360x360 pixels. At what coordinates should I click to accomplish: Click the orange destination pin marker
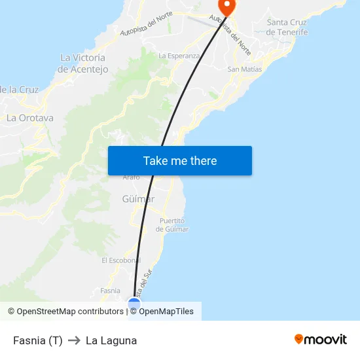(x=226, y=7)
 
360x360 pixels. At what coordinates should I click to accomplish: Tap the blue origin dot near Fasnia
(x=134, y=304)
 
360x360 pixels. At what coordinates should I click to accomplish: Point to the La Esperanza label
(x=179, y=56)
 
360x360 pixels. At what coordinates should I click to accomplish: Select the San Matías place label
(x=244, y=69)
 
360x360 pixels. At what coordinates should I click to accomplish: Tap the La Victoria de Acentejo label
(x=82, y=63)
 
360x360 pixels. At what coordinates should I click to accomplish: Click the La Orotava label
(x=29, y=118)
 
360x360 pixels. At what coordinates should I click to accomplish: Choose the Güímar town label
(x=137, y=198)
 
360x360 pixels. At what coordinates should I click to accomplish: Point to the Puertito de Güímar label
(x=173, y=225)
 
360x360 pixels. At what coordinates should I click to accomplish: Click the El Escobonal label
(x=121, y=260)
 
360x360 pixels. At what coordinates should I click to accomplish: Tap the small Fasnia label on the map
(x=111, y=291)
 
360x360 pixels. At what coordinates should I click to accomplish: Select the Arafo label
(x=132, y=177)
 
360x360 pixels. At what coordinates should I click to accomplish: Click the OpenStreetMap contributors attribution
(x=65, y=312)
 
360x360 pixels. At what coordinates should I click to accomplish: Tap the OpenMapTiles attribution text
(x=166, y=312)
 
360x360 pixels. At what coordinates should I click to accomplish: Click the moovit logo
(x=320, y=339)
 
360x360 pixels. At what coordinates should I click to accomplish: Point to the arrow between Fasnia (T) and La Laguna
(x=74, y=340)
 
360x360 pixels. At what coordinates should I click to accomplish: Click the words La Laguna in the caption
(x=111, y=340)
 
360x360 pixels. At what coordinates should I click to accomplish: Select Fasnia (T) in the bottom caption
(x=38, y=340)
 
